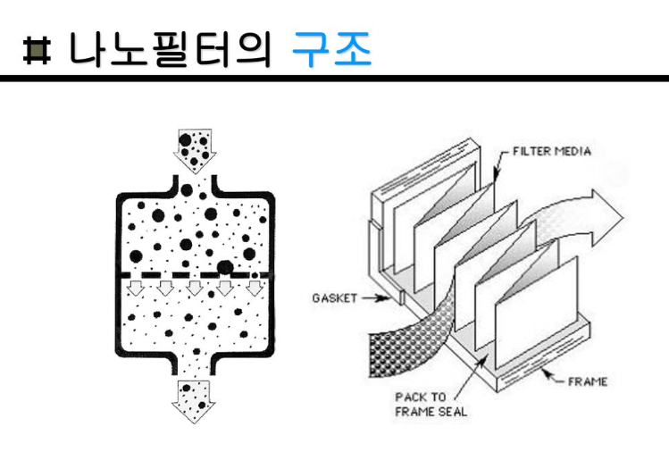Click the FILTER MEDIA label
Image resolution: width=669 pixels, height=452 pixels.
[551, 151]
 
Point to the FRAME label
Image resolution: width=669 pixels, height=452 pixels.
[588, 381]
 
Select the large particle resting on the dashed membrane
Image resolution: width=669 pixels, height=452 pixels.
[225, 266]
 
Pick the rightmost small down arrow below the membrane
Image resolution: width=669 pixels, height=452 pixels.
[255, 288]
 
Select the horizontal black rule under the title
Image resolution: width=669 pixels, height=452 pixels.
[334, 80]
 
